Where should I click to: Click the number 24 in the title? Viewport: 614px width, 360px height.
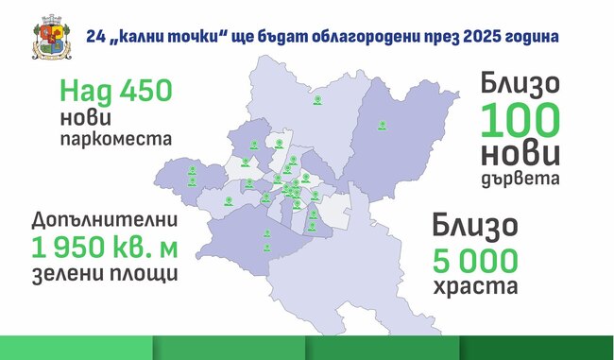94,36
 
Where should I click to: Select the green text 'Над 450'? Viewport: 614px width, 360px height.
115,92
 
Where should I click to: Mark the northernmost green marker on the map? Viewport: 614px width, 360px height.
318,96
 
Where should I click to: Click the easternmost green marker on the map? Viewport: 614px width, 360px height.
383,124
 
